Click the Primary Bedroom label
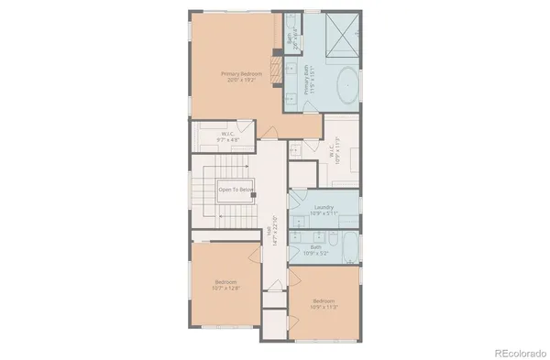point(235,76)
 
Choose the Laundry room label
point(324,210)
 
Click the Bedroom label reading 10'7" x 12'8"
point(226,284)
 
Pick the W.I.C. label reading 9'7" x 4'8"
point(229,137)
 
